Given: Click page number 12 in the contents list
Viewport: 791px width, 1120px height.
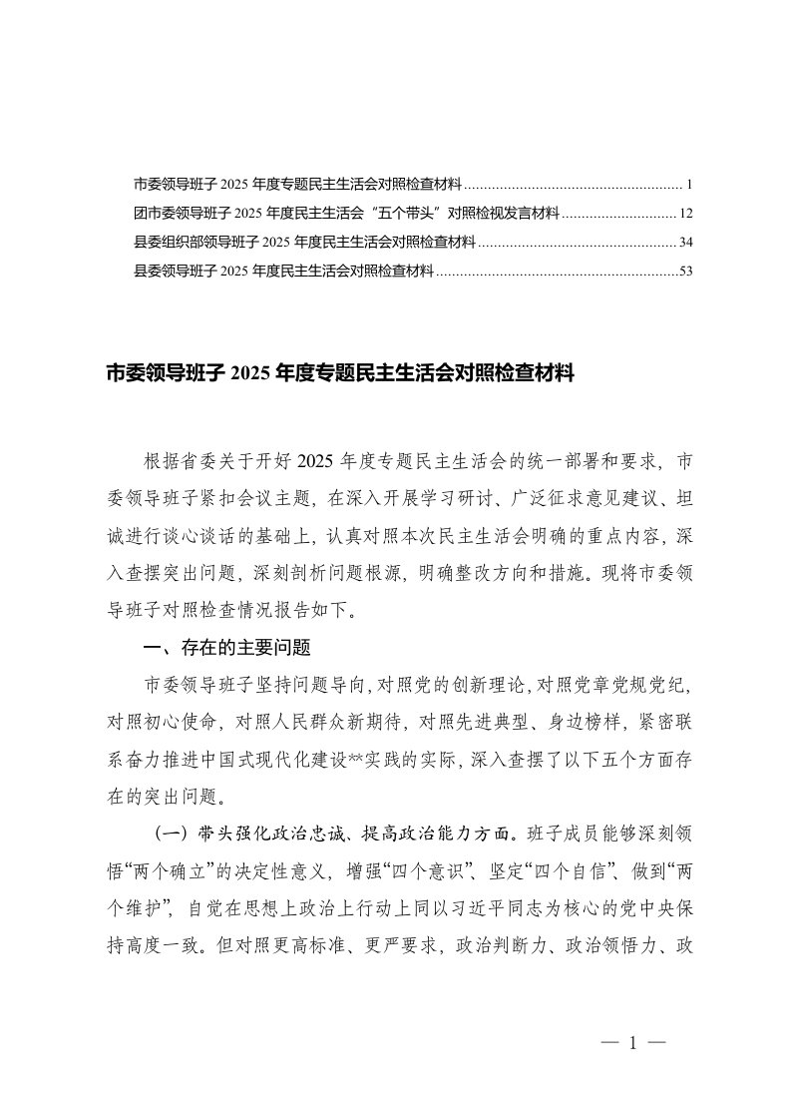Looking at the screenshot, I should pyautogui.click(x=685, y=213).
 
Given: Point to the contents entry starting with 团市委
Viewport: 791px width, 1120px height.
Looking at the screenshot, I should pyautogui.click(x=346, y=213).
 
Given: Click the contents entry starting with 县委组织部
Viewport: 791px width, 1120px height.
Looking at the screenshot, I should pyautogui.click(x=304, y=242).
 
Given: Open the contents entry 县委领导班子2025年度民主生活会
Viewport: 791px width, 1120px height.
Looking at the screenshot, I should pyautogui.click(x=283, y=271).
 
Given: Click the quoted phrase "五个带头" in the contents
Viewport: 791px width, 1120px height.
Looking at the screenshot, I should pyautogui.click(x=405, y=213).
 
